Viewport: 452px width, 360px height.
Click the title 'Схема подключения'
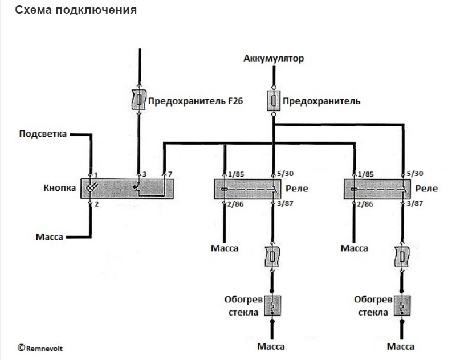(75, 10)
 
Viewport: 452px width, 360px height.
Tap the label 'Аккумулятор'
(274, 58)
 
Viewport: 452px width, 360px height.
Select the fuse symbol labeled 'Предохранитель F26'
(139, 101)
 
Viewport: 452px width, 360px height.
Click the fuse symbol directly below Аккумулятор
(274, 101)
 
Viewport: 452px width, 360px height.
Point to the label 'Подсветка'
(43, 134)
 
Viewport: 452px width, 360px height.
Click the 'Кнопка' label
(60, 188)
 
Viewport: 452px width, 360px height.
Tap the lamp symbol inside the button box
(90, 188)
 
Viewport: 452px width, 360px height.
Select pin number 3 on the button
(144, 173)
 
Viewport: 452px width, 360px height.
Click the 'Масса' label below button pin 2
(48, 236)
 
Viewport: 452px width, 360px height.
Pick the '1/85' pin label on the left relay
(236, 173)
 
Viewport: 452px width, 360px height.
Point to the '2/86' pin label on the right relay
(366, 203)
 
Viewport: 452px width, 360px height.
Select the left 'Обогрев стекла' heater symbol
(273, 304)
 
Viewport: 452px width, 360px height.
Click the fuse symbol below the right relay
(403, 258)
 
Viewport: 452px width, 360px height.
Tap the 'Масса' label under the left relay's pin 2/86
(225, 248)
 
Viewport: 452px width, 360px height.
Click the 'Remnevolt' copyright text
(40, 346)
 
